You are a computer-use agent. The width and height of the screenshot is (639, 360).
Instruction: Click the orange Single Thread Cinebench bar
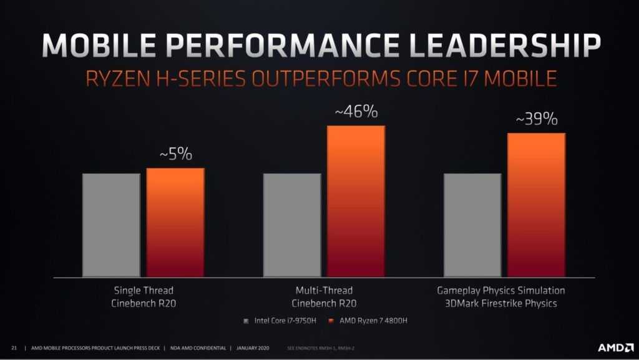[x=175, y=222]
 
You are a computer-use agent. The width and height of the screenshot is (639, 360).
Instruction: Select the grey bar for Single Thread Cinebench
[x=111, y=225]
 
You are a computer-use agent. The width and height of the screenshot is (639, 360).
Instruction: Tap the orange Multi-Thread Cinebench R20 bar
[x=356, y=201]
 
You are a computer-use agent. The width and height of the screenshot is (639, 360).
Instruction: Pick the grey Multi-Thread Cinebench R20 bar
[x=292, y=225]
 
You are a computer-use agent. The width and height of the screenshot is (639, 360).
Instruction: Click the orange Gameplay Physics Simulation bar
[x=536, y=205]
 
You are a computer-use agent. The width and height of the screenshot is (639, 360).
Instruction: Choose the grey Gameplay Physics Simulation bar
[x=472, y=225]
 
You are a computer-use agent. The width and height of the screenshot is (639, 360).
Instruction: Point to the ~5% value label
[x=175, y=154]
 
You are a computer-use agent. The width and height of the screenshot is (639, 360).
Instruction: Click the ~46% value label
[x=356, y=112]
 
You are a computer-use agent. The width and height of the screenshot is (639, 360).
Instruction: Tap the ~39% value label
[x=537, y=119]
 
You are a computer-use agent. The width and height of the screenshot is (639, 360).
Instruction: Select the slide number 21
[x=14, y=348]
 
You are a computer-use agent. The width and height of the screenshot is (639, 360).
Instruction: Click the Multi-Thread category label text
[x=324, y=291]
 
